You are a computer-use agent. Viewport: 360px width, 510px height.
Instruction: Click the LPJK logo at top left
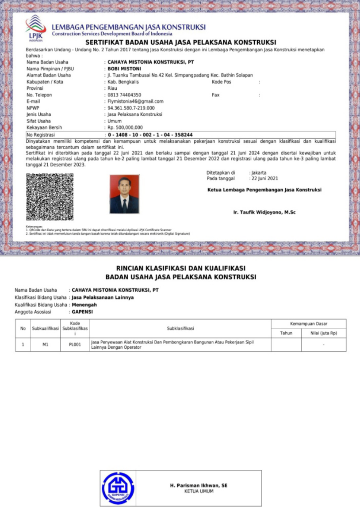click(x=35, y=27)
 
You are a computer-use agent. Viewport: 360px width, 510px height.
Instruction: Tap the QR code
click(x=50, y=197)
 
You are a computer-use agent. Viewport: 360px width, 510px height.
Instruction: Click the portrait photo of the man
click(x=124, y=194)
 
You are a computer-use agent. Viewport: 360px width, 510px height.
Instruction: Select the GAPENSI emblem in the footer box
click(x=117, y=488)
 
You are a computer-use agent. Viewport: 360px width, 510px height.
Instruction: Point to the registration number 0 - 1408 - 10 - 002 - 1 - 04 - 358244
click(x=150, y=134)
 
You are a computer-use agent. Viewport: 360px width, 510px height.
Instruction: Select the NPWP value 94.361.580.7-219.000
click(x=131, y=108)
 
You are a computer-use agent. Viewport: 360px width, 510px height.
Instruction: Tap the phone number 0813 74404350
click(x=125, y=95)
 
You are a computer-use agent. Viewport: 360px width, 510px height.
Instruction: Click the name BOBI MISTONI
click(x=125, y=69)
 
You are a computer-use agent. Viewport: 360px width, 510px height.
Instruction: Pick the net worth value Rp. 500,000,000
click(x=126, y=128)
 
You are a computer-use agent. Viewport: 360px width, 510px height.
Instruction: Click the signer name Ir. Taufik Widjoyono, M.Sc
click(x=264, y=213)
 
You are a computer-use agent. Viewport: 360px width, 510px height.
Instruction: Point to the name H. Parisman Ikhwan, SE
click(x=199, y=485)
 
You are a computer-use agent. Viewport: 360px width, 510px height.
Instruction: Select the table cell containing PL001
click(x=75, y=345)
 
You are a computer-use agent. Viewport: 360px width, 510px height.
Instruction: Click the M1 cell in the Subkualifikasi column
click(x=45, y=345)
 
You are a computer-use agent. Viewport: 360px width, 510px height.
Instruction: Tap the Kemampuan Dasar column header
click(x=309, y=324)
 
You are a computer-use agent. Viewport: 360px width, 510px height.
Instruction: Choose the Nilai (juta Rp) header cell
click(x=324, y=333)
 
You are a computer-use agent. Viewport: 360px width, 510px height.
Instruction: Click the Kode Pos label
click(x=222, y=82)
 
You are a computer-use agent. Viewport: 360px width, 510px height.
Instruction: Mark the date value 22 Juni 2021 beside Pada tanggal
click(x=265, y=179)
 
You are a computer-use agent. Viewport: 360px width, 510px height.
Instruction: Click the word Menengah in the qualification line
click(x=84, y=304)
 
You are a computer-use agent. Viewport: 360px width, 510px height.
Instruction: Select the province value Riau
click(x=113, y=88)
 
